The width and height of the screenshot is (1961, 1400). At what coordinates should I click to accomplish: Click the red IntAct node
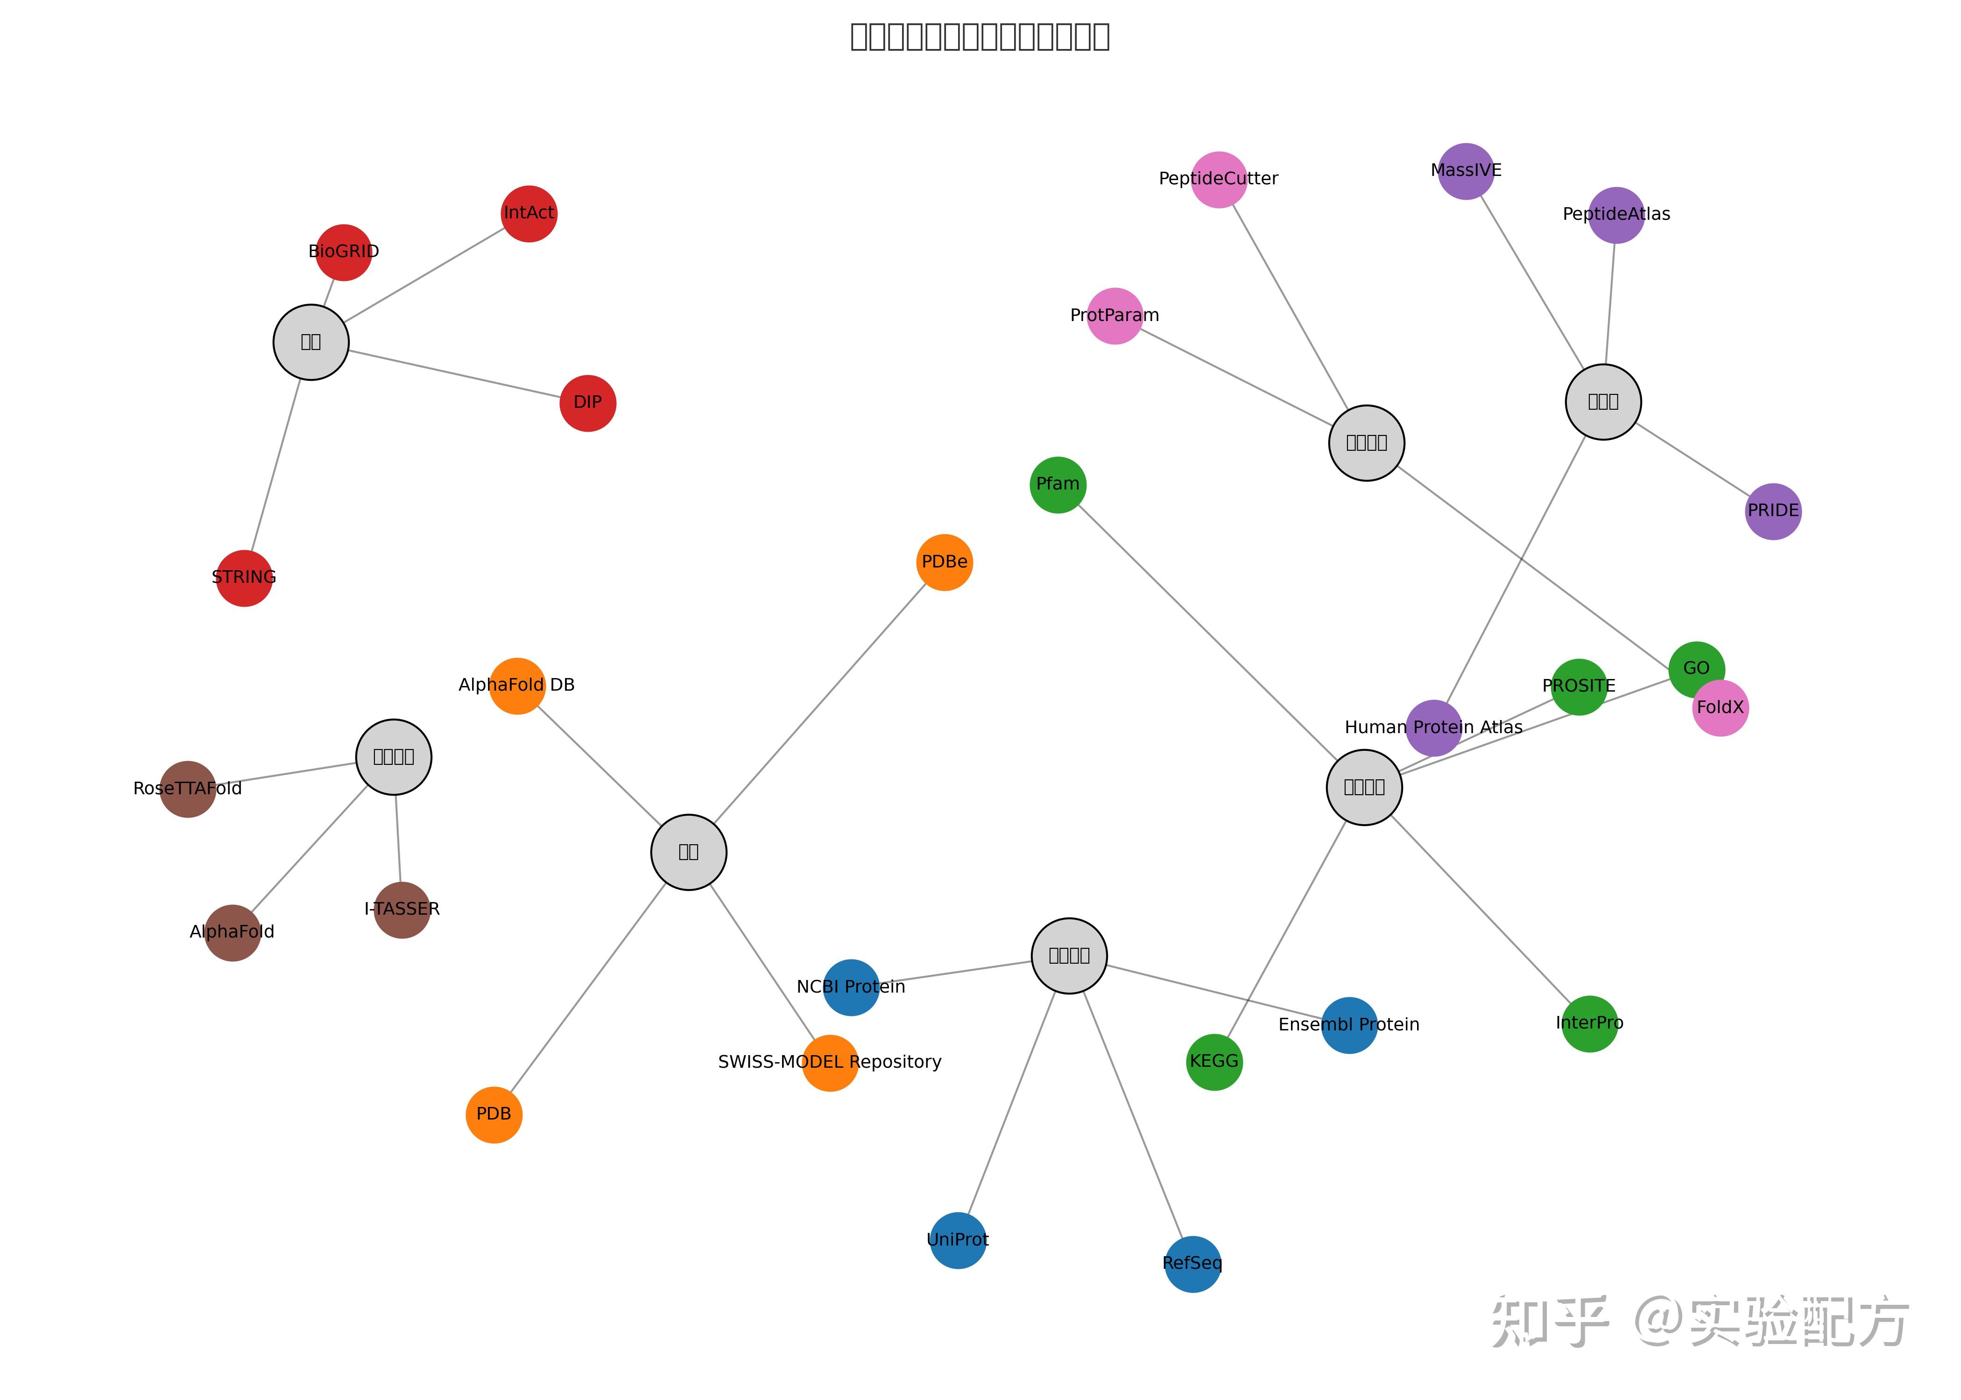coord(529,214)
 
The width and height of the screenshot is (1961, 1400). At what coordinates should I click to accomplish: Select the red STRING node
coord(244,579)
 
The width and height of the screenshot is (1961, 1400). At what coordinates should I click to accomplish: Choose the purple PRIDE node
coord(1773,511)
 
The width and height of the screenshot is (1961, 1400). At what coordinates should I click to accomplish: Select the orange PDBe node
coord(944,562)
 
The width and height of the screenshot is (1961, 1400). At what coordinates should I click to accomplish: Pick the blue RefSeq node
coord(1192,1264)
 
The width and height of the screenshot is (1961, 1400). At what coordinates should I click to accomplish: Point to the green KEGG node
coord(1214,1062)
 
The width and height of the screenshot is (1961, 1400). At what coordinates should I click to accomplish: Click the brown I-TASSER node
coord(402,910)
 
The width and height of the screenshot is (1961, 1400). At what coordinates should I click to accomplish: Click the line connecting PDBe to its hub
coord(819,703)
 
